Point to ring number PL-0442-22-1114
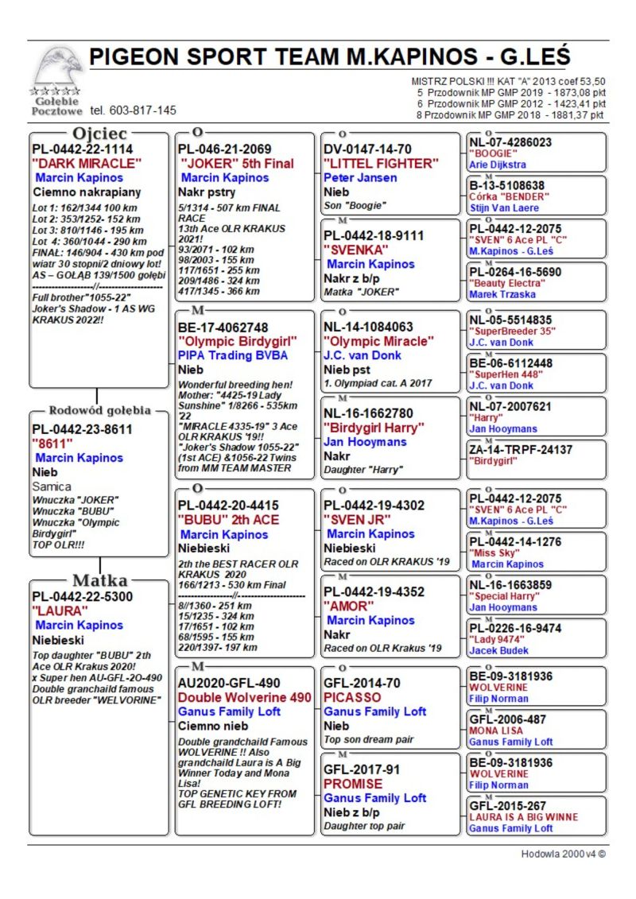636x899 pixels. click(82, 149)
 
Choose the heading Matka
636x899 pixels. click(99, 580)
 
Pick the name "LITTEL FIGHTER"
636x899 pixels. click(381, 163)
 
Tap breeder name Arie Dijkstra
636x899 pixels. click(497, 165)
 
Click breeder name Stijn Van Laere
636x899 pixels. click(505, 208)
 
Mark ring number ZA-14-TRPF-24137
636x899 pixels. click(520, 449)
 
